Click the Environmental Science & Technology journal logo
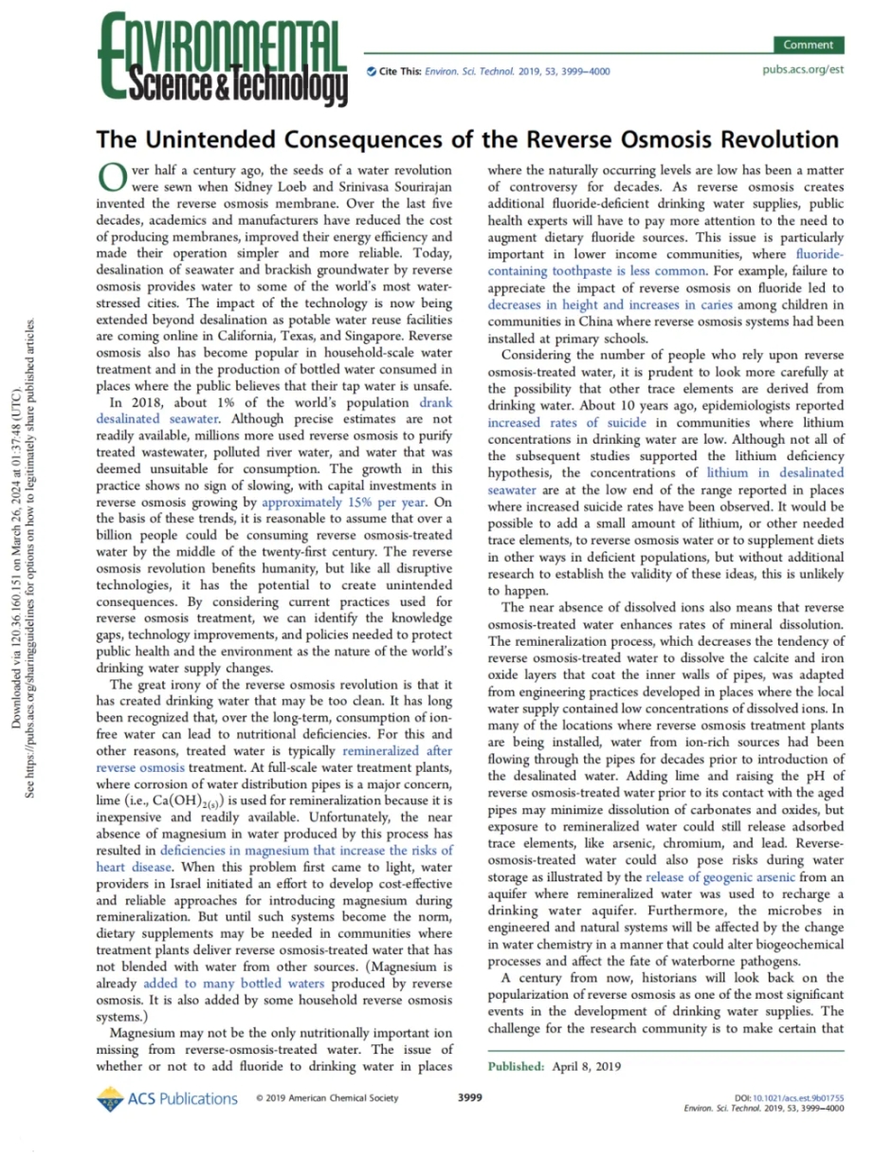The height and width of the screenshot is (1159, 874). point(223,59)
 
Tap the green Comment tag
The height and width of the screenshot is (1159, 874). point(808,45)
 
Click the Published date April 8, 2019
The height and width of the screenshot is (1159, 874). point(584,1066)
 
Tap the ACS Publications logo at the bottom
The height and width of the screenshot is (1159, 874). point(167,1098)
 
